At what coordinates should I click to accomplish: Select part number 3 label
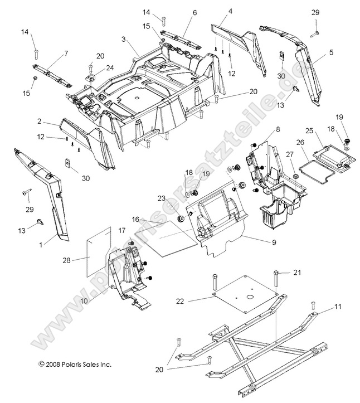(x=124, y=40)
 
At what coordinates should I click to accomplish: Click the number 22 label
(x=180, y=302)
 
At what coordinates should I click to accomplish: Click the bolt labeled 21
(x=276, y=281)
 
